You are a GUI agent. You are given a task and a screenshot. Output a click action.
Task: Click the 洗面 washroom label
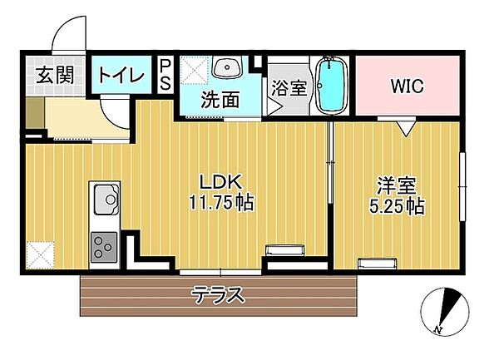[x=220, y=101]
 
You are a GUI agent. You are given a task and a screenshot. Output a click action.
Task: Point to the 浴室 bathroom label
[x=288, y=87]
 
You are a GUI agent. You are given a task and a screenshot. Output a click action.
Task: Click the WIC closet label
[x=408, y=84]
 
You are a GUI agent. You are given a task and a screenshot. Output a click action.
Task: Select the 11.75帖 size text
[x=221, y=202]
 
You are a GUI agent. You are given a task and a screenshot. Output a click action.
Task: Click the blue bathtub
[x=331, y=84]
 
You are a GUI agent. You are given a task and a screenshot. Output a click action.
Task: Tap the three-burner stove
[x=105, y=245]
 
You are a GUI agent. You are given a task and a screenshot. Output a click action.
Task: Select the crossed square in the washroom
[x=196, y=72]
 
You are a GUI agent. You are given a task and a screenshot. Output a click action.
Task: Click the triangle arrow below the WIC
[x=405, y=128]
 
